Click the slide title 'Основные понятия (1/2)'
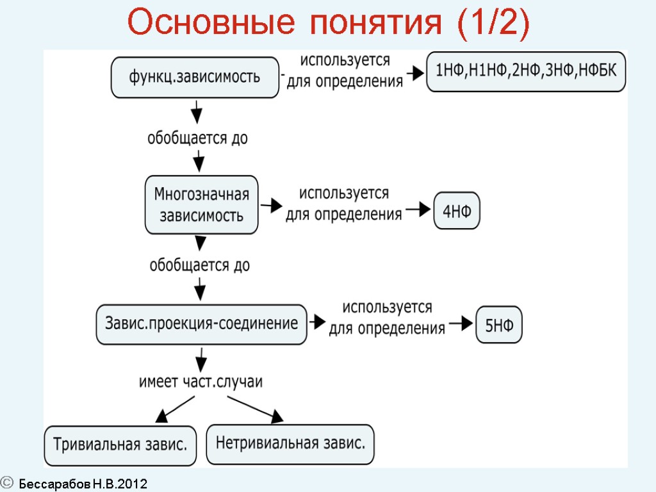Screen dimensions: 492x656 [328, 24]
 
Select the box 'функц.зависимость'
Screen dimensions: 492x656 [195, 78]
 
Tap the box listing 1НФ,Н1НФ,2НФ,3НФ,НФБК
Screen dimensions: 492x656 [526, 71]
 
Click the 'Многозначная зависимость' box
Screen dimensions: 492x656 [202, 204]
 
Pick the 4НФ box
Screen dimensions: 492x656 [457, 211]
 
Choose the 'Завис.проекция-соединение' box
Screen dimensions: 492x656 [201, 324]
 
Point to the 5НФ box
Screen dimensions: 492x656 [499, 325]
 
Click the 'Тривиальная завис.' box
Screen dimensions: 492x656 [120, 445]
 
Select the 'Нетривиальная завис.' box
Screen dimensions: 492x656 [290, 443]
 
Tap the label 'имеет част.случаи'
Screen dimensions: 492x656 [201, 382]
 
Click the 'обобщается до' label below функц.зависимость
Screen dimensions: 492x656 [198, 138]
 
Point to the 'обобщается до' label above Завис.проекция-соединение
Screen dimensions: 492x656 [199, 265]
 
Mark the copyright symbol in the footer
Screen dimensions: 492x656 [7, 481]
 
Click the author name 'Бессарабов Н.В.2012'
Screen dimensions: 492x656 [83, 484]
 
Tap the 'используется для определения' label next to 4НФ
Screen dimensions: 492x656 [344, 204]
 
